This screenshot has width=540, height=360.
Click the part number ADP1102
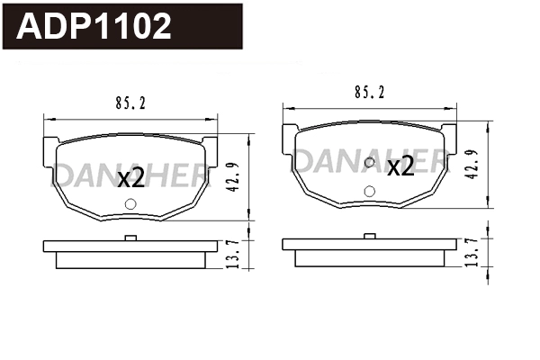pyautogui.click(x=94, y=26)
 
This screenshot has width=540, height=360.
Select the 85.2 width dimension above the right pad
pyautogui.click(x=371, y=92)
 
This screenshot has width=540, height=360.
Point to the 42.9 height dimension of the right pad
pyautogui.click(x=471, y=164)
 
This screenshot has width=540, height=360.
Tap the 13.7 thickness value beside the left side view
pyautogui.click(x=232, y=253)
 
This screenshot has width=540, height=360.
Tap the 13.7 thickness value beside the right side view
pyautogui.click(x=471, y=251)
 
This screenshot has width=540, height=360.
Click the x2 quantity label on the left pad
pyautogui.click(x=131, y=177)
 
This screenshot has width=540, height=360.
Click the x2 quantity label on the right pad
pyautogui.click(x=400, y=166)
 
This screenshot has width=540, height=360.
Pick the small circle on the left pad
pyautogui.click(x=131, y=204)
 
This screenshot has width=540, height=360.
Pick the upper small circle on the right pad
pyautogui.click(x=370, y=163)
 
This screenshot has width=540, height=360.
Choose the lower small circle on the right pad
pyautogui.click(x=370, y=191)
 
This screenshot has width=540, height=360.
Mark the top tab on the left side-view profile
pyautogui.click(x=131, y=238)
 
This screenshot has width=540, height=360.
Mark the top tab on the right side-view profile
pyautogui.click(x=370, y=235)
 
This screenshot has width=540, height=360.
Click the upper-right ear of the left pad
pyautogui.click(x=211, y=144)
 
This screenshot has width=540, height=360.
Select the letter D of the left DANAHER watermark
pyautogui.click(x=65, y=173)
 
